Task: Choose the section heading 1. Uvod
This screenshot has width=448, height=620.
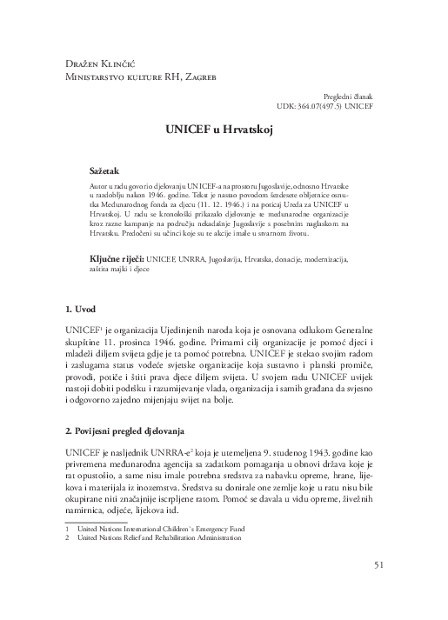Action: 81,284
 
